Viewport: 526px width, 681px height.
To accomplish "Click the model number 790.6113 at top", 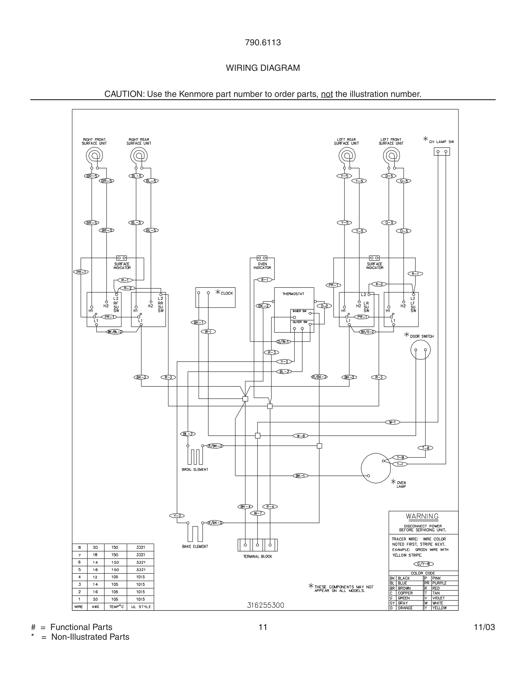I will tap(263, 43).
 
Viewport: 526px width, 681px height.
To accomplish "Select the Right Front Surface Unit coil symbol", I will tap(94, 155).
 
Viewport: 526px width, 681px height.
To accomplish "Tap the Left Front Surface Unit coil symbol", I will tap(391, 155).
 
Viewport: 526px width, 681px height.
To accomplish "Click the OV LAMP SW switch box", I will tap(441, 152).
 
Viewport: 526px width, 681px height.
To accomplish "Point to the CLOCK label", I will tap(227, 293).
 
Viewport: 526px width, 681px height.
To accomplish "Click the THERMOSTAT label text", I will tap(293, 294).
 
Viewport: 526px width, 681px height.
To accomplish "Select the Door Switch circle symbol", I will tap(420, 350).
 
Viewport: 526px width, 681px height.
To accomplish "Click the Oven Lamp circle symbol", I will tap(376, 468).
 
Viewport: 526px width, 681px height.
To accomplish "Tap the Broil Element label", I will tap(195, 469).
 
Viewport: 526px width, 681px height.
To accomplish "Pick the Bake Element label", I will tap(195, 546).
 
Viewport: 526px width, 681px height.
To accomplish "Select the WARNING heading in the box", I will tap(422, 516).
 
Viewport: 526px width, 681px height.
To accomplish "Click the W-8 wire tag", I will tap(301, 436).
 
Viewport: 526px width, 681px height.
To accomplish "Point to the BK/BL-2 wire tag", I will tap(115, 332).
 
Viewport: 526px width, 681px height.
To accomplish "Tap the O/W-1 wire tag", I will tap(283, 341).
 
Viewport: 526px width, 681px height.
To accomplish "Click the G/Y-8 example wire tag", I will tap(423, 564).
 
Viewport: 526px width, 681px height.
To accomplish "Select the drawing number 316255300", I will tap(266, 605).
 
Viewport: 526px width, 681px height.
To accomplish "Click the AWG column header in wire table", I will tap(95, 607).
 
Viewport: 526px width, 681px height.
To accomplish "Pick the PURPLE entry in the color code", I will tap(439, 583).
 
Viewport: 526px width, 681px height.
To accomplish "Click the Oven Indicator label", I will tap(262, 266).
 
